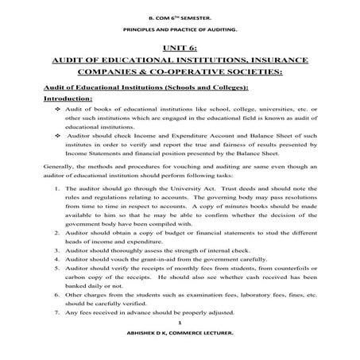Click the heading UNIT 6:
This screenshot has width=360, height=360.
[180, 48]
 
